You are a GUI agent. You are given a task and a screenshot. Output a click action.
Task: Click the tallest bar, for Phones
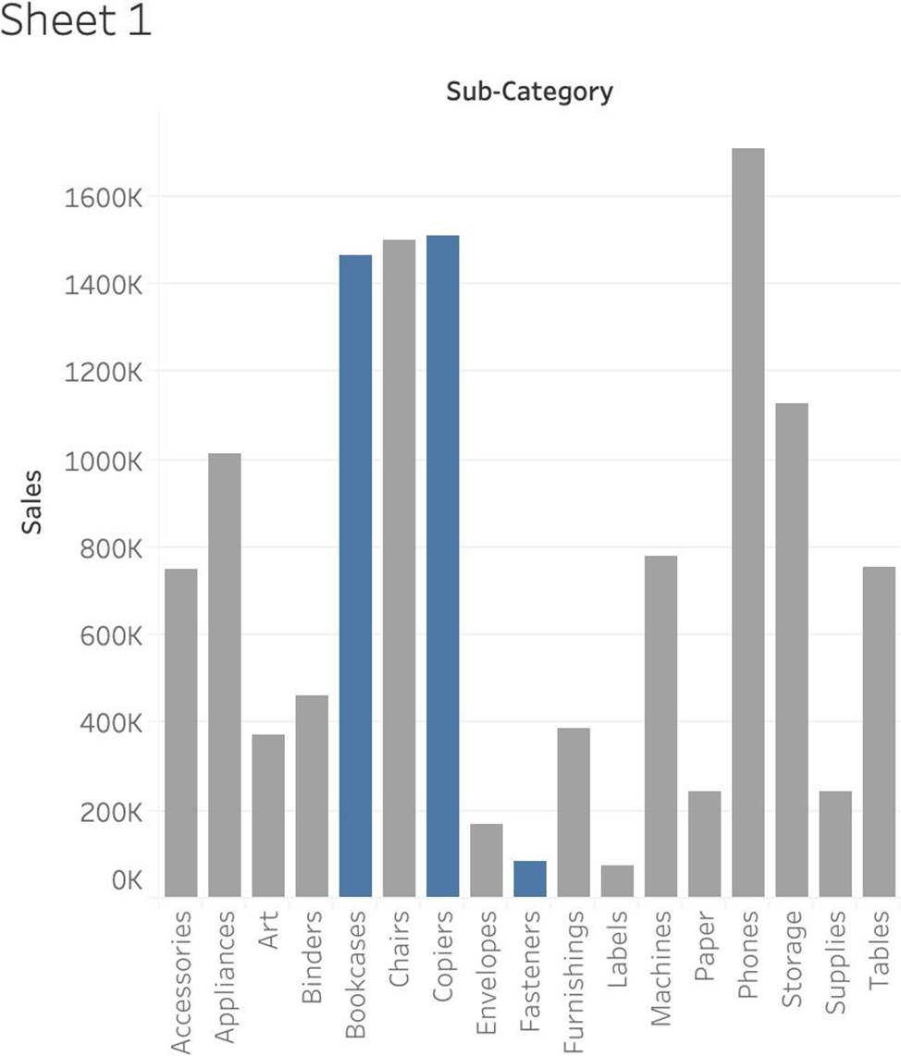click(x=747, y=522)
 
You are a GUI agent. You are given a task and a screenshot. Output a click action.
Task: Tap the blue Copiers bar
click(x=442, y=566)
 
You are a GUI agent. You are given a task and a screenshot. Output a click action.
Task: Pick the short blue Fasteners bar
click(x=530, y=878)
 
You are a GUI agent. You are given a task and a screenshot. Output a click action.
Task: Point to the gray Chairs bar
click(x=399, y=568)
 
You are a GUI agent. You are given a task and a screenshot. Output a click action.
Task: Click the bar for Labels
click(x=617, y=880)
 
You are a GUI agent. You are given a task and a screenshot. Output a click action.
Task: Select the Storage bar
click(x=791, y=649)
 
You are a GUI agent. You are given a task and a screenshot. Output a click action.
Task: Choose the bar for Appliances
click(x=224, y=674)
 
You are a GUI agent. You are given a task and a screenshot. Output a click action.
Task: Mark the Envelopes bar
click(x=486, y=860)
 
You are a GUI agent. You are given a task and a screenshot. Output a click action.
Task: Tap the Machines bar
click(x=660, y=726)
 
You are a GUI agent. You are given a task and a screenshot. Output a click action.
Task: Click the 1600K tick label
click(x=103, y=197)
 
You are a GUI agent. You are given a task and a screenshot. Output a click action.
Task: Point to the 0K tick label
click(x=122, y=880)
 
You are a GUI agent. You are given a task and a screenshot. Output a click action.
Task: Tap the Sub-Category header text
click(x=529, y=92)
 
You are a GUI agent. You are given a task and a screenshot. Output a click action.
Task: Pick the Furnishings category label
click(x=574, y=981)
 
